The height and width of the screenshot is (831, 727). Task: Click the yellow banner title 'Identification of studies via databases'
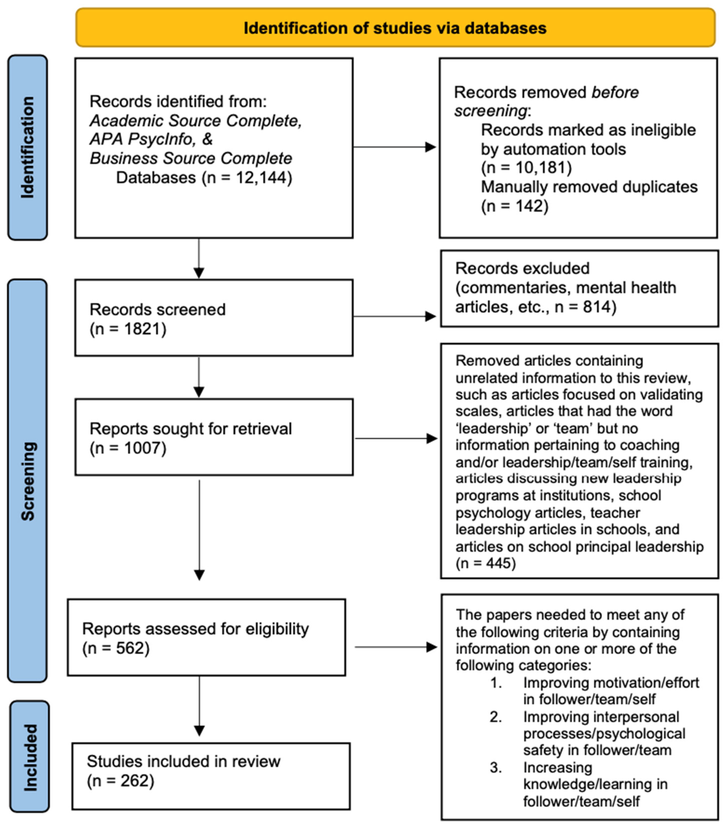tap(395, 28)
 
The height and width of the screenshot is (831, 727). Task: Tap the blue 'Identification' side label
tap(28, 147)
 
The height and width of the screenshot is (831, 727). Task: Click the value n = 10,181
tap(526, 168)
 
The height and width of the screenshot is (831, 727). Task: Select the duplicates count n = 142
tap(515, 206)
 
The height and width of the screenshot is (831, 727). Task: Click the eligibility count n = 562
tap(116, 648)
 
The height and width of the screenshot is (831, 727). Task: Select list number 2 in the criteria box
tap(496, 717)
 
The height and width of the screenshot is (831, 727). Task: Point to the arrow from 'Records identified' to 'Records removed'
tap(394, 147)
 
